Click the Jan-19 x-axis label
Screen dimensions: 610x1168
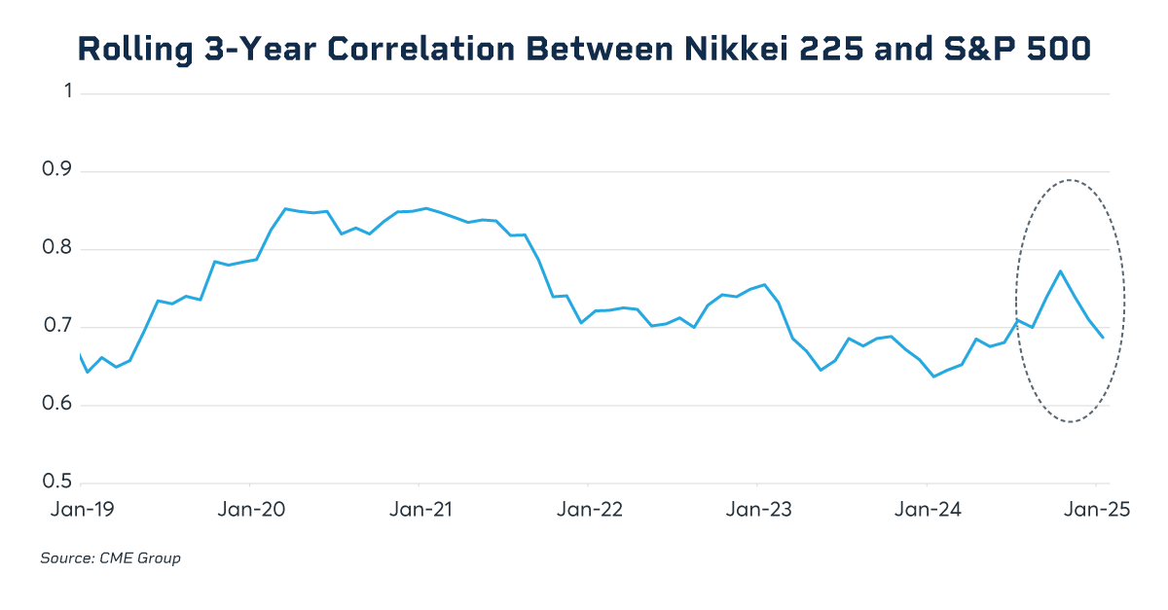coord(81,509)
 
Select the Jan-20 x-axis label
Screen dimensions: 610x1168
coord(250,509)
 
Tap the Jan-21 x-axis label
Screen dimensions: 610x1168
coord(419,509)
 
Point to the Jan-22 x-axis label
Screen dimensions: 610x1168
coord(588,509)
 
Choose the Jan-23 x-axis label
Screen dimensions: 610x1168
coord(757,509)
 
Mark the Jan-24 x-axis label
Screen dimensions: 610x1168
coord(927,509)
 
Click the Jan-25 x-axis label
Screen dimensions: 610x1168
coord(1095,509)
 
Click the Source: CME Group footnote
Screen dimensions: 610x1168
coord(110,558)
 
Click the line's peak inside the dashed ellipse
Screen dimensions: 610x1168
coord(1060,270)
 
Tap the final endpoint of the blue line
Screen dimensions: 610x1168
coord(1103,338)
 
